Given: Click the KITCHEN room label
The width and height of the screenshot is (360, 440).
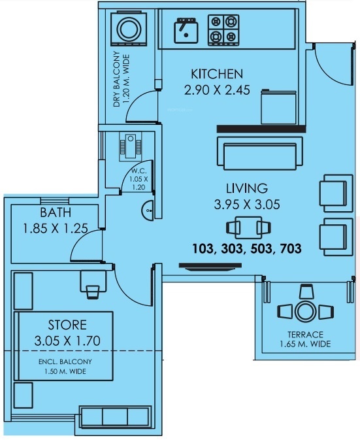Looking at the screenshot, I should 216,73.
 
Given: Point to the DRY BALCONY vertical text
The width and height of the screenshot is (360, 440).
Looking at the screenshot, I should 117,78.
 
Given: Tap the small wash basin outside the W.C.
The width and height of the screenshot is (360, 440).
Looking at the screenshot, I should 148,209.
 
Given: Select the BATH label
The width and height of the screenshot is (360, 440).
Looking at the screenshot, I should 56,212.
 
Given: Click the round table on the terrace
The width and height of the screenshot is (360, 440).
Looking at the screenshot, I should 305,311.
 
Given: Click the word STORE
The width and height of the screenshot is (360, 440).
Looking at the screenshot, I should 67,325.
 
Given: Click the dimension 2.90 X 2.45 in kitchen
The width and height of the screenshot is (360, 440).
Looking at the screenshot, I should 216,91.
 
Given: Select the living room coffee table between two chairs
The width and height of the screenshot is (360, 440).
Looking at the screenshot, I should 247,227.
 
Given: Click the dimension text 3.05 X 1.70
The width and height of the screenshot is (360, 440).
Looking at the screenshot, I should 68,341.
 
